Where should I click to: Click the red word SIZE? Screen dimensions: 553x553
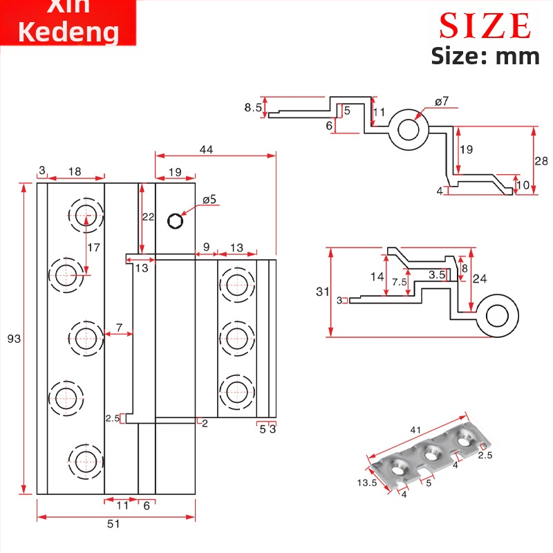click(485, 26)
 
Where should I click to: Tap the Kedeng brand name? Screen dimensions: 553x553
click(68, 32)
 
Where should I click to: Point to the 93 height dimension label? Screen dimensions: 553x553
click(14, 339)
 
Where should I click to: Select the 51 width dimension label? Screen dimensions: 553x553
click(113, 524)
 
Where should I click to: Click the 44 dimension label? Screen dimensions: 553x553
click(206, 149)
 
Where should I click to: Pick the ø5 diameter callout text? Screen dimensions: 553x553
click(209, 200)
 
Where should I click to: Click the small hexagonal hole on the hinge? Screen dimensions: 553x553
click(176, 221)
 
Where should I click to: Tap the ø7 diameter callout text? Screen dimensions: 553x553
click(442, 102)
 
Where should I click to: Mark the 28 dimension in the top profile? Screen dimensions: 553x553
click(541, 161)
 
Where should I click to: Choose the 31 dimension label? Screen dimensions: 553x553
click(323, 292)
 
